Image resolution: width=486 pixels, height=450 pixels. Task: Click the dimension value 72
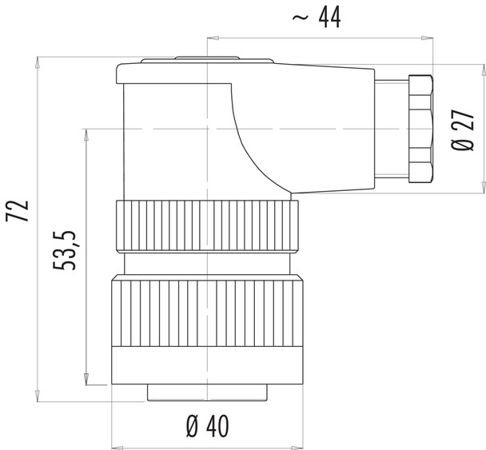tap(20, 210)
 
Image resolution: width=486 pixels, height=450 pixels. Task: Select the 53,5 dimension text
tap(68, 249)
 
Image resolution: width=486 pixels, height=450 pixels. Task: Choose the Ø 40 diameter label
tap(206, 427)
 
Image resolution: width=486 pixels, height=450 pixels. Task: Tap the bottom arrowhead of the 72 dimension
tap(38, 396)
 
